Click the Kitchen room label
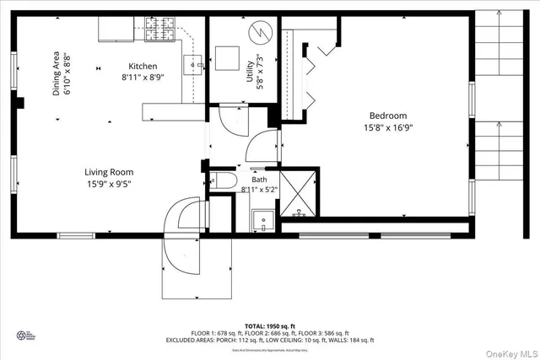[143, 67]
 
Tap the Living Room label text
[110, 172]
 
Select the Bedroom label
[387, 116]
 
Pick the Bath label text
[260, 180]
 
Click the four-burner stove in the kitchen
[160, 30]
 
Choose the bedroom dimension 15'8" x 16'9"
[387, 128]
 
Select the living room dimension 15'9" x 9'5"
[110, 184]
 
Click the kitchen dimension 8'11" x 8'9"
[143, 78]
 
